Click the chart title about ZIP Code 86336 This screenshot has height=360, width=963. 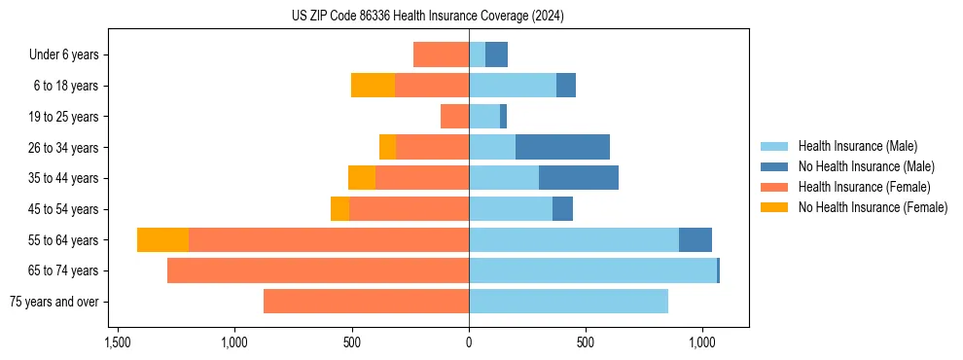pos(428,17)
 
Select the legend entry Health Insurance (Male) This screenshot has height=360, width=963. pos(857,146)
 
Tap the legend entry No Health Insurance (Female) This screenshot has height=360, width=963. pos(873,207)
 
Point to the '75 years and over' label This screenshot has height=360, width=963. pos(54,302)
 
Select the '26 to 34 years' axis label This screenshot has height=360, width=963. pos(63,148)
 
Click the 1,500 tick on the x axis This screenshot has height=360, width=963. pos(118,342)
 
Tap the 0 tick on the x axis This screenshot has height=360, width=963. pos(469,342)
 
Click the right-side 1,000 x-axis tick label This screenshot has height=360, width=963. pos(702,342)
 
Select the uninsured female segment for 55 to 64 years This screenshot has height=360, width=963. pos(162,240)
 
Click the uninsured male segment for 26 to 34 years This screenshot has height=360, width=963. pos(562,147)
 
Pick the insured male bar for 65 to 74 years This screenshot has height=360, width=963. pos(592,270)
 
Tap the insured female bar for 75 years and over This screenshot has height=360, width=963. pos(366,302)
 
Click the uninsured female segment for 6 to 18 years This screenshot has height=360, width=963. pos(373,86)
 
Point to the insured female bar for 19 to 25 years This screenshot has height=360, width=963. pos(454,117)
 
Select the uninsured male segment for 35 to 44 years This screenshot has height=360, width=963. pos(579,178)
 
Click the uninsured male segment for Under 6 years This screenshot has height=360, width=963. pos(496,54)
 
